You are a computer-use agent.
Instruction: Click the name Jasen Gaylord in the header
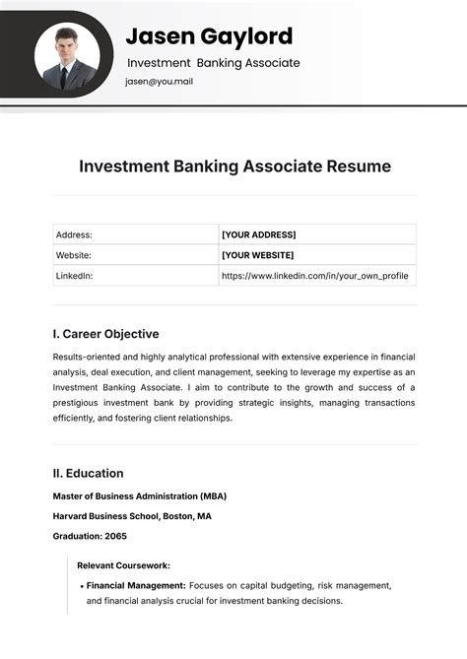(x=209, y=36)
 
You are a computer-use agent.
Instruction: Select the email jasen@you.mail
(x=159, y=82)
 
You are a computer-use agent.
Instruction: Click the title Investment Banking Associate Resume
(x=234, y=166)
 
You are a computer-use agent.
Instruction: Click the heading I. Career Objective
(x=105, y=334)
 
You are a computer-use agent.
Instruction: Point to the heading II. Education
(x=88, y=473)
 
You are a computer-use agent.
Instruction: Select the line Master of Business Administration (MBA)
(x=139, y=495)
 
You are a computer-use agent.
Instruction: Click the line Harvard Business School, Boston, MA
(x=131, y=516)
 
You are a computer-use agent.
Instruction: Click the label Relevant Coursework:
(x=123, y=565)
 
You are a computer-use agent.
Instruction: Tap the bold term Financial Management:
(x=136, y=585)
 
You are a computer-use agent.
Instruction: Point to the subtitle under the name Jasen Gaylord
(x=213, y=63)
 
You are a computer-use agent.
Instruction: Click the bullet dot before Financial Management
(x=80, y=585)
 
